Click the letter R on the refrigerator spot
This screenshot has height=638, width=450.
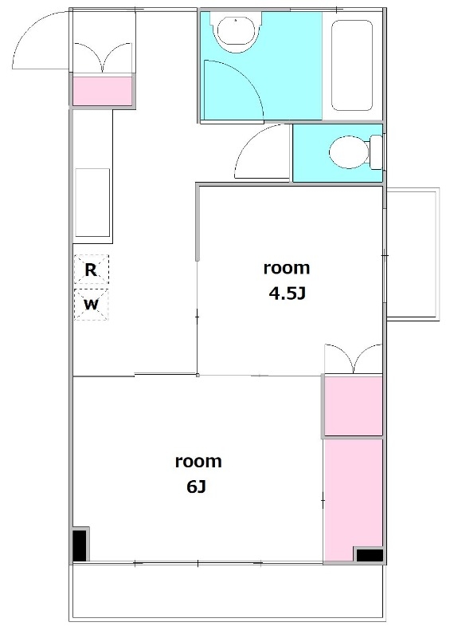click(91, 270)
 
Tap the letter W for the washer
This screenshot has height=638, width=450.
click(91, 304)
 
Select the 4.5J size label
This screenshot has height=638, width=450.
click(287, 293)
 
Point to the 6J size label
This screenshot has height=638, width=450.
click(197, 486)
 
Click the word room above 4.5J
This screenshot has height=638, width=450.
click(287, 268)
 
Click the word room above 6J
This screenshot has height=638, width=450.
click(198, 462)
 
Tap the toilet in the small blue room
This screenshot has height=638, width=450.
click(355, 152)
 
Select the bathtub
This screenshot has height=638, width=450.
click(351, 65)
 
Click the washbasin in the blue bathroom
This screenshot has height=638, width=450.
click(236, 31)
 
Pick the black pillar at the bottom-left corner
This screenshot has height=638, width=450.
click(80, 545)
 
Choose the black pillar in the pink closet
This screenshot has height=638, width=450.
click(370, 555)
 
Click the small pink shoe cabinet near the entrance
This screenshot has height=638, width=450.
click(103, 91)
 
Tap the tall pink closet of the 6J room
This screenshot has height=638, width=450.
click(354, 500)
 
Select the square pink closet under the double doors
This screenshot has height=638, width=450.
click(354, 406)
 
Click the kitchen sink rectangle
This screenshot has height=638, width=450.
click(92, 203)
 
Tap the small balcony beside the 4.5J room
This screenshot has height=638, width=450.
click(413, 254)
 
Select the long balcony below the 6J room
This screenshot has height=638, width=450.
click(227, 592)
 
